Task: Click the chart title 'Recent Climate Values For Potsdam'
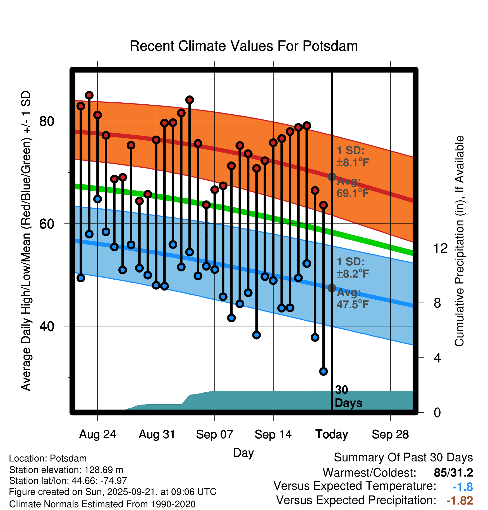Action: click(244, 46)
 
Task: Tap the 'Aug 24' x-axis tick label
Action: click(97, 434)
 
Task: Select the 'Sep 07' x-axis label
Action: click(214, 434)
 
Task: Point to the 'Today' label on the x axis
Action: click(332, 434)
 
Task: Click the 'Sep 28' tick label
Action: click(390, 434)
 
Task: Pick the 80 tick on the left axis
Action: click(47, 121)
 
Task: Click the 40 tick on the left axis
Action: click(47, 326)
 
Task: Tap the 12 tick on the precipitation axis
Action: click(440, 248)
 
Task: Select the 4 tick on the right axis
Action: click(437, 358)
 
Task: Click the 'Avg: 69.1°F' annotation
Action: click(352, 187)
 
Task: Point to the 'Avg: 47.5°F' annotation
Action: click(352, 298)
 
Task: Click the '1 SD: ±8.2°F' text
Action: click(352, 268)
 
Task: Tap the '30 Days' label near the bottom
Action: click(348, 396)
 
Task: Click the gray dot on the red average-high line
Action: click(332, 177)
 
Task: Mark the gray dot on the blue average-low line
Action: click(332, 288)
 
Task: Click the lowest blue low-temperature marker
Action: click(323, 371)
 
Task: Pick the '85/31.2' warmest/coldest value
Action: click(453, 473)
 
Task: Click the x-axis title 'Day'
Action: click(243, 453)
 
